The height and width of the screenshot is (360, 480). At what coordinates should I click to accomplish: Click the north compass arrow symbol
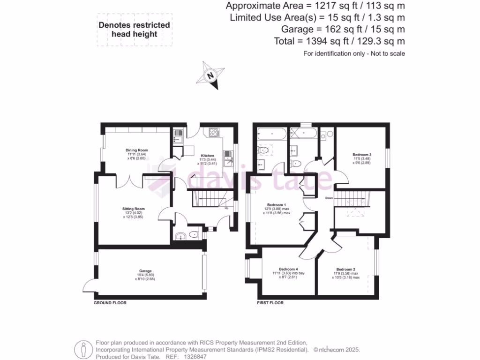[211, 75]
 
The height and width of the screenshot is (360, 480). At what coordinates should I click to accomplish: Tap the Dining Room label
[137, 150]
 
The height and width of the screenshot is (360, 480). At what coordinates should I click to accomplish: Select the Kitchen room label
[208, 156]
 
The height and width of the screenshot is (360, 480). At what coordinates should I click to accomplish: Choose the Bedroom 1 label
[276, 205]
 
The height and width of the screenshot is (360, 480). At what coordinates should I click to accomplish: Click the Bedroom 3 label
[362, 155]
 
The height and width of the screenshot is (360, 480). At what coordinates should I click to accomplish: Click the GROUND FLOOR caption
[110, 303]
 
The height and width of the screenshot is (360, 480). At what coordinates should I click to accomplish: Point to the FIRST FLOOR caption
[270, 303]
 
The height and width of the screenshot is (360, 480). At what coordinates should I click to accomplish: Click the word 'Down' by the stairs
[330, 198]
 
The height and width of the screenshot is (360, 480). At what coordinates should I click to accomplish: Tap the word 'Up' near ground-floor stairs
[227, 208]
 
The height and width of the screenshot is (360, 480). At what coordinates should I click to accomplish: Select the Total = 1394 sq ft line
[339, 41]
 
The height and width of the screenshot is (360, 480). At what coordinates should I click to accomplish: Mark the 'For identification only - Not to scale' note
[354, 53]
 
